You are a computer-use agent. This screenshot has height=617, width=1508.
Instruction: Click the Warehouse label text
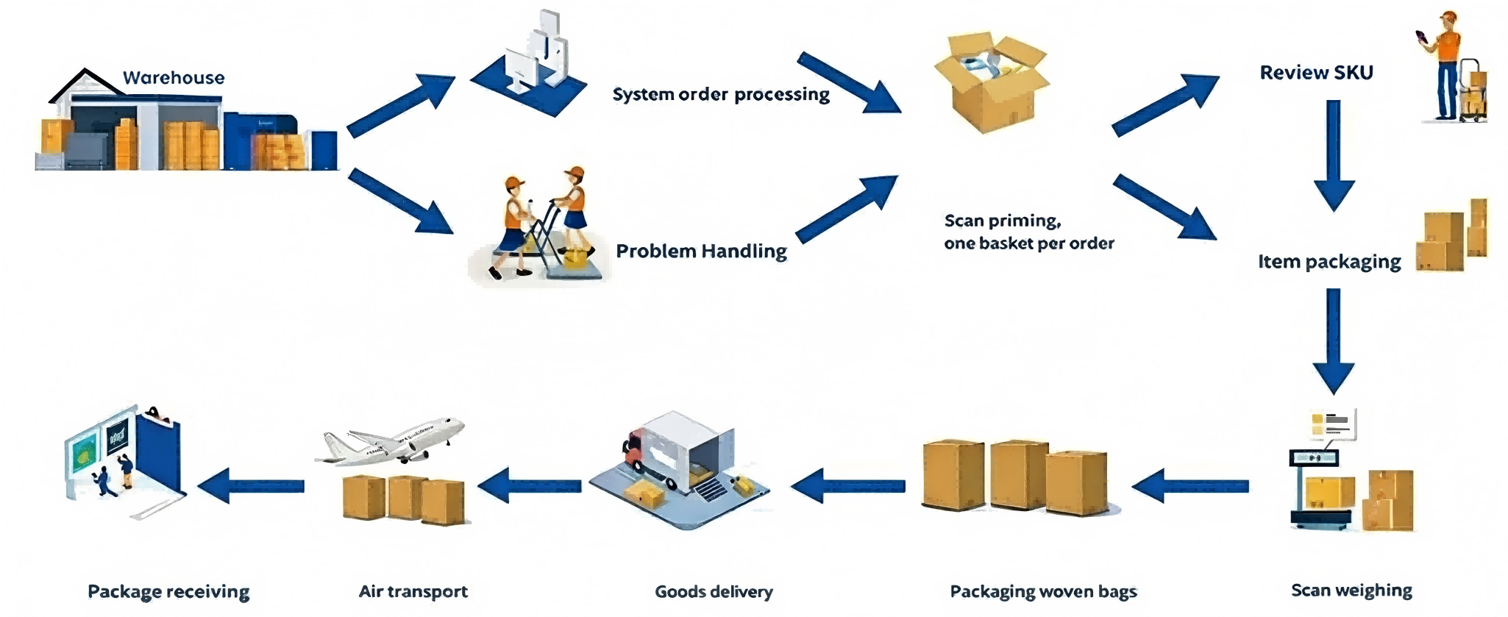[174, 77]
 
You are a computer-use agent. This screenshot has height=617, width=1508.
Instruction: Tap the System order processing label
[721, 94]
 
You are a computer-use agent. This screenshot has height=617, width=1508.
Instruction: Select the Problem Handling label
[701, 251]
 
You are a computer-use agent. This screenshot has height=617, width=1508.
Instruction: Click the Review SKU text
[1316, 72]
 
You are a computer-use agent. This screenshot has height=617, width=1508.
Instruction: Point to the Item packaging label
[1329, 261]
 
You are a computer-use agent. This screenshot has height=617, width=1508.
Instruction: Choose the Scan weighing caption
[1351, 590]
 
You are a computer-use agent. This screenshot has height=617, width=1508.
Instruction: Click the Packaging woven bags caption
[1043, 591]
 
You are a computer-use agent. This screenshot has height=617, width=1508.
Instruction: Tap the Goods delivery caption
[714, 591]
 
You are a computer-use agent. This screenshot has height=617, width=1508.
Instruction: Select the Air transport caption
[413, 591]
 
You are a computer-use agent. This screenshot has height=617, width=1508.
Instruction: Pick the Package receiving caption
[168, 591]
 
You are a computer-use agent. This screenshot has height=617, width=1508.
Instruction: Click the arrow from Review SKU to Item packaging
[1334, 154]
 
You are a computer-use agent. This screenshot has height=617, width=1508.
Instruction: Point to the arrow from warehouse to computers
[401, 105]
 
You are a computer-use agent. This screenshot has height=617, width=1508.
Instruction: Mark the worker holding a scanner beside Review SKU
[1445, 66]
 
